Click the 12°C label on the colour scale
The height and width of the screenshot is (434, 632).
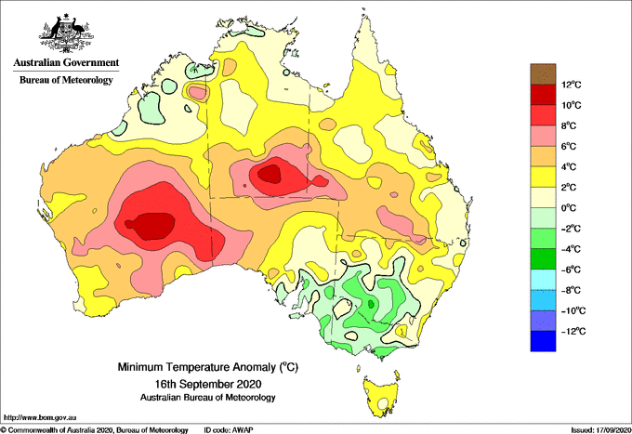coord(572,85)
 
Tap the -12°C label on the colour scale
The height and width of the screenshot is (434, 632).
coord(573,332)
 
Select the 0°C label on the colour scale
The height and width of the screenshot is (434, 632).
coord(570,208)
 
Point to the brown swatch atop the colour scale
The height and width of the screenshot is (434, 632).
coord(543,74)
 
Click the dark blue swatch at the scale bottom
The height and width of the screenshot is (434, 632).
coord(543,341)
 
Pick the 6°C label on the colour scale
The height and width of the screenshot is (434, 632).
coord(570,146)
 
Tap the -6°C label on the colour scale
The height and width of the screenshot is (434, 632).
coord(572,270)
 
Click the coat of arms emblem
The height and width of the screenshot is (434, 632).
coord(66,33)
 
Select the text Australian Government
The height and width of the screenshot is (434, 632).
coord(66,62)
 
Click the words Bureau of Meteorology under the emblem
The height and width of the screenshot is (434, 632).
coord(66,80)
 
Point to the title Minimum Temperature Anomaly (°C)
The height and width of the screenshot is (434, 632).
coord(208,367)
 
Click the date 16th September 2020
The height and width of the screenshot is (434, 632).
coord(208,383)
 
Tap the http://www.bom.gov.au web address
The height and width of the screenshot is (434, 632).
coord(40,417)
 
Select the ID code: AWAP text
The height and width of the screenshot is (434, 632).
coord(229,430)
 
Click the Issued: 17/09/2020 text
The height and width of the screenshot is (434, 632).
coord(601,430)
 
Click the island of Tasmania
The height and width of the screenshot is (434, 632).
coord(381,396)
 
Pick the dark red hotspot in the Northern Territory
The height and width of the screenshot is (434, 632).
coord(270,174)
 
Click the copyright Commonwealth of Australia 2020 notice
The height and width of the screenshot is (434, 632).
coord(94,430)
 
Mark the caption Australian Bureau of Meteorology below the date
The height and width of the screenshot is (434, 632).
coord(208,398)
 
